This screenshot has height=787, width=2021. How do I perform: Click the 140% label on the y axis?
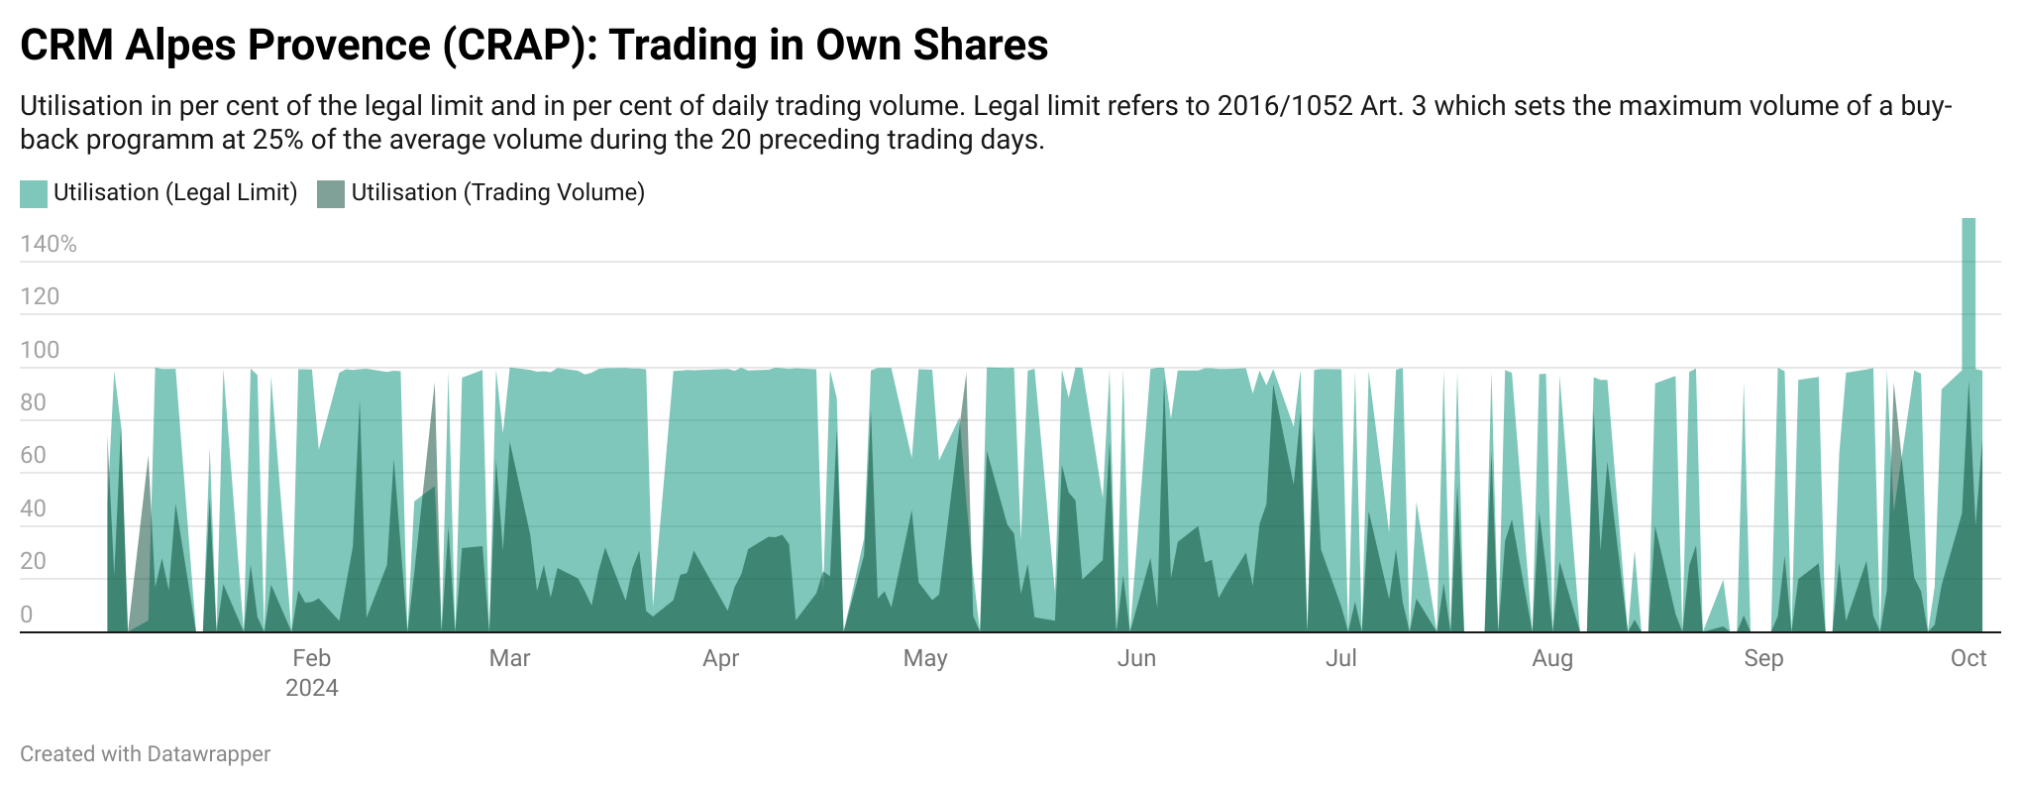click(48, 244)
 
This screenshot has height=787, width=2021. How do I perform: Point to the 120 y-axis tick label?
click(40, 296)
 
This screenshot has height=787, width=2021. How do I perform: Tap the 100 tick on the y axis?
click(40, 350)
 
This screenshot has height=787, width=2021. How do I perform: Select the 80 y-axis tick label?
click(33, 402)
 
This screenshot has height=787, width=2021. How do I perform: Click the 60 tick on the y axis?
click(33, 455)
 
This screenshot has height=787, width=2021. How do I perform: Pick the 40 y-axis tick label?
click(33, 508)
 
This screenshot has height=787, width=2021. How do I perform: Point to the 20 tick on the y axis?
click(33, 561)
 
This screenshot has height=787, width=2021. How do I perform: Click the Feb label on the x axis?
click(311, 658)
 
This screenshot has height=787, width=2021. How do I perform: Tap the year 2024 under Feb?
click(311, 688)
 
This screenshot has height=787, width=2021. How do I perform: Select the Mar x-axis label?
click(509, 658)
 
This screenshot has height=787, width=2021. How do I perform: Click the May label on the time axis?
click(925, 658)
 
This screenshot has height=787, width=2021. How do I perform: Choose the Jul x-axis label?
click(1340, 658)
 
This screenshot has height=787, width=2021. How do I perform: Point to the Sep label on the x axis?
click(1763, 658)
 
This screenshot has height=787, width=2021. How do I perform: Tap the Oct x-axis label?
click(1968, 658)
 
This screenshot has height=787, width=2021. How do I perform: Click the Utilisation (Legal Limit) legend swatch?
click(34, 193)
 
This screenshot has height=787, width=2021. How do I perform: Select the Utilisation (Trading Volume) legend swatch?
click(331, 193)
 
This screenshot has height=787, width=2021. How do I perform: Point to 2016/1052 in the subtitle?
click(1285, 106)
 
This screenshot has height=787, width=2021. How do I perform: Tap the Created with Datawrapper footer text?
click(145, 754)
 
